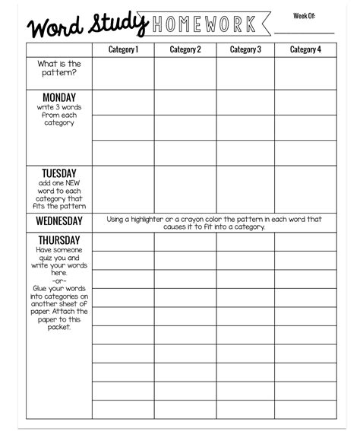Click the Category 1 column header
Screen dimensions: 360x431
pos(123,50)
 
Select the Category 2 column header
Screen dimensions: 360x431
pos(185,50)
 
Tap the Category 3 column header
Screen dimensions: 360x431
pos(245,50)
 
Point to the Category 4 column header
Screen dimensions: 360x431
pos(305,50)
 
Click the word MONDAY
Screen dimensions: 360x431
pos(59,97)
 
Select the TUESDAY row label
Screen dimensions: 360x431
pos(59,173)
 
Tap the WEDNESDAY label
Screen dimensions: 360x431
pos(59,221)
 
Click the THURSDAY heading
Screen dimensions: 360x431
pos(59,240)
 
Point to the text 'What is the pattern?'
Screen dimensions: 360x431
pos(59,68)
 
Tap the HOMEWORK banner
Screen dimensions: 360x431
pos(204,25)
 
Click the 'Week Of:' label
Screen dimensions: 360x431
pos(304,16)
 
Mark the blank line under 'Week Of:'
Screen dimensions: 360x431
pos(304,33)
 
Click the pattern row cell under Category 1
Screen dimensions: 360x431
pos(123,74)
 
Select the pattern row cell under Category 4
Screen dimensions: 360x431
pos(305,74)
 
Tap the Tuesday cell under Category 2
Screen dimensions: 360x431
pos(185,189)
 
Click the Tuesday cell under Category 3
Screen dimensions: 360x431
pos(245,189)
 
